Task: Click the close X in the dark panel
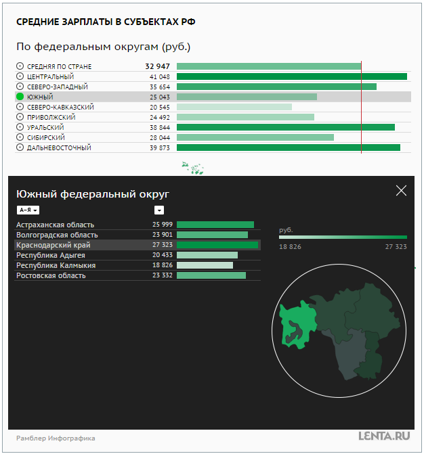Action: click(401, 191)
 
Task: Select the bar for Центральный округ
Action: click(291, 76)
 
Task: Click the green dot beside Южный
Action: click(20, 97)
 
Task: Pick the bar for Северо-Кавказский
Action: click(234, 107)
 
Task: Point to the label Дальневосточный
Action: click(59, 147)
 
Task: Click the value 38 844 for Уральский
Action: click(159, 127)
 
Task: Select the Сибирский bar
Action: click(255, 137)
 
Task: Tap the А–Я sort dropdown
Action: click(28, 210)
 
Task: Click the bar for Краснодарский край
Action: click(217, 245)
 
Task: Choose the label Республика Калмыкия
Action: click(56, 265)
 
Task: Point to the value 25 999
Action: click(163, 225)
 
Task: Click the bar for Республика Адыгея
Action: click(207, 255)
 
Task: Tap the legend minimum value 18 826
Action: click(290, 247)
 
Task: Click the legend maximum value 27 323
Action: click(396, 247)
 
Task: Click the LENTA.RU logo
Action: click(385, 436)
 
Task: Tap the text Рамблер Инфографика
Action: click(56, 438)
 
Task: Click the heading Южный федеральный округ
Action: click(93, 194)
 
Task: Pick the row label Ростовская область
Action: click(51, 275)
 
